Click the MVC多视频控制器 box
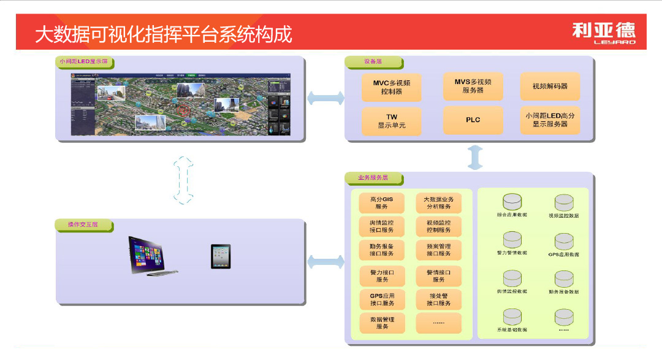click(391, 87)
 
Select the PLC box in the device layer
click(473, 120)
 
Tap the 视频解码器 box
click(550, 87)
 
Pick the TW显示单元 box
click(391, 121)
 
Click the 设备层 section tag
click(373, 62)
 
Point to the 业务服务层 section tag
click(373, 178)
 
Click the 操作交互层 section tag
click(83, 225)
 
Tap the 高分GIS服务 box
click(382, 203)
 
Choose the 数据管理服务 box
click(382, 323)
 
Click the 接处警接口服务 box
click(438, 299)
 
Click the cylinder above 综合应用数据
click(512, 201)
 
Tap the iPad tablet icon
click(221, 256)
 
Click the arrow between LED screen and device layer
click(325, 98)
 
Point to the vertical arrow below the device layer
click(475, 158)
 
